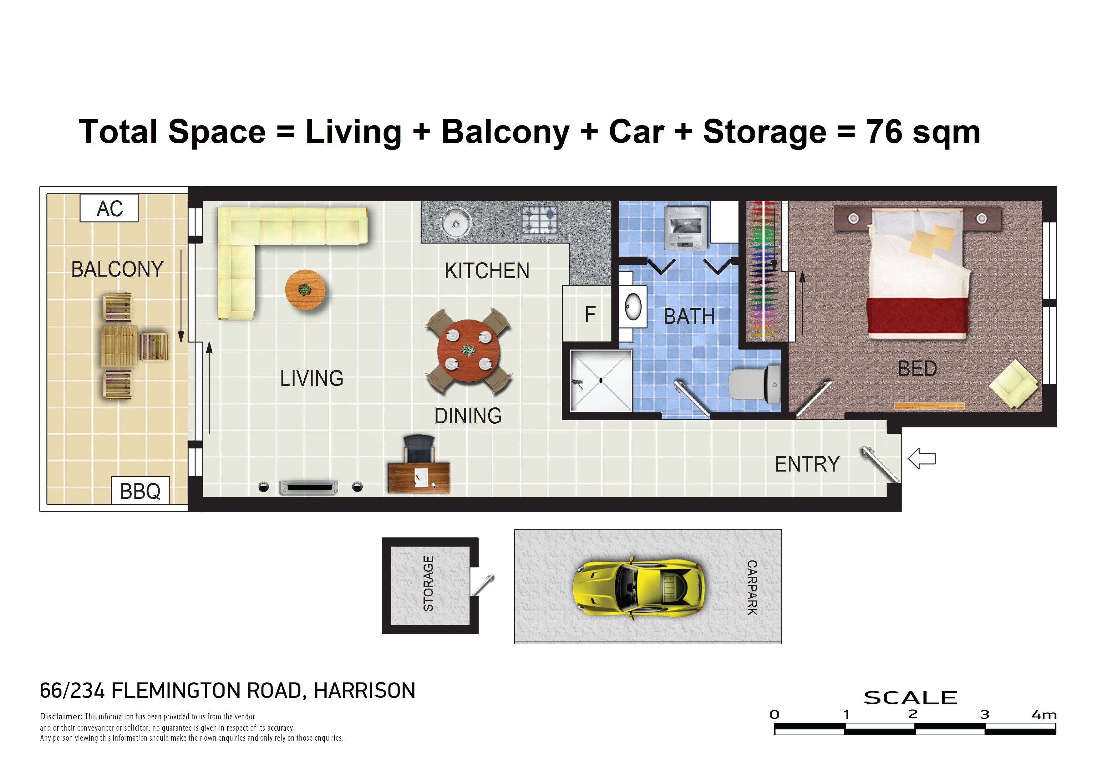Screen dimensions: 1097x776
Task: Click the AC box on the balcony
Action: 109,208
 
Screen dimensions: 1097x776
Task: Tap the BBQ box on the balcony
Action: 140,491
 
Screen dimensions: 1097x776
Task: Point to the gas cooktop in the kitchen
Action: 539,223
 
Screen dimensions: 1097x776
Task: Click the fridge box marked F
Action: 587,314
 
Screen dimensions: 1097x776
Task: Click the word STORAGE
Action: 429,584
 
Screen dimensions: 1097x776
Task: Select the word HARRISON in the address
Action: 364,691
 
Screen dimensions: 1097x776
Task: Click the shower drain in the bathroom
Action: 601,380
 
